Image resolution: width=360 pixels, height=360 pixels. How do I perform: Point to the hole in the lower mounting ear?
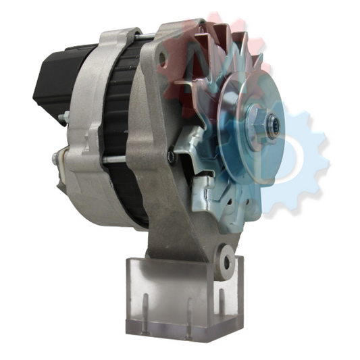(225, 261)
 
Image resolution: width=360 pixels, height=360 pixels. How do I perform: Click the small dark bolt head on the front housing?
(170, 156)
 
